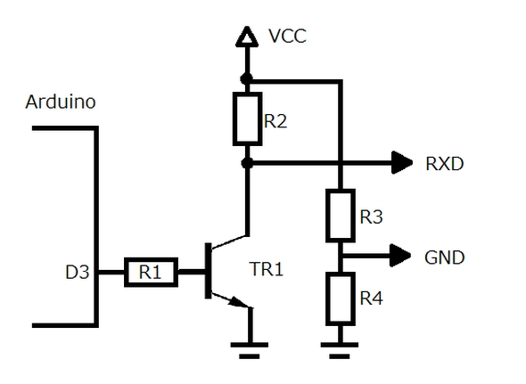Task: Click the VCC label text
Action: [287, 37]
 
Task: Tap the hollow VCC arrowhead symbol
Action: [247, 37]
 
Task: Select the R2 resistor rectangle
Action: [248, 119]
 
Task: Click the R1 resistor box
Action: [151, 272]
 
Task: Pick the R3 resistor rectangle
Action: [341, 216]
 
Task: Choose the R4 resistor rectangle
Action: [341, 298]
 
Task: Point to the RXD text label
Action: [445, 164]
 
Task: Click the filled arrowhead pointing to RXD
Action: [402, 163]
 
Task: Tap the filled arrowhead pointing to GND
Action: [400, 256]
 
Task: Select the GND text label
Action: [445, 257]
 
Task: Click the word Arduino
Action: [61, 102]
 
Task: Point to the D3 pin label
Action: [78, 272]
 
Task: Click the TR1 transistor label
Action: [267, 269]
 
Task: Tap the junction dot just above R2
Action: [247, 79]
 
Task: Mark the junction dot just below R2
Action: [247, 163]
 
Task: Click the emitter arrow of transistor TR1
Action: [239, 302]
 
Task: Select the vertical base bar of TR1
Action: [209, 271]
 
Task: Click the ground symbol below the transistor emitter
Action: [250, 350]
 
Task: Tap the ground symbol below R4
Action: [340, 350]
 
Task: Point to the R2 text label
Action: [275, 121]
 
